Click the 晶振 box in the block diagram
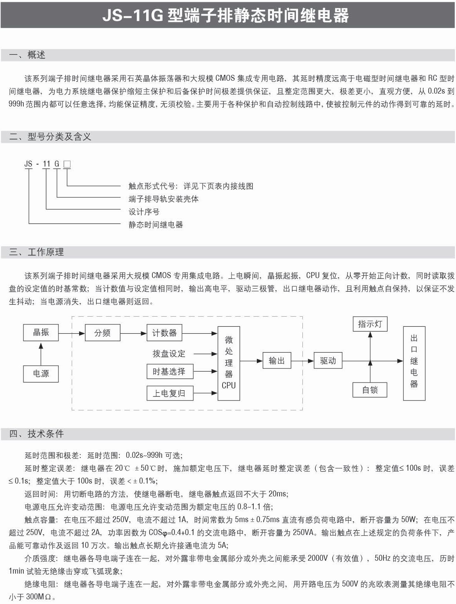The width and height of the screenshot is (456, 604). coord(41,333)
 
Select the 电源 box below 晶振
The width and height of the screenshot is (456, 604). coord(41,374)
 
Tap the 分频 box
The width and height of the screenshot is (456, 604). coord(103,333)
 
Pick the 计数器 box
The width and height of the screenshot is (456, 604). coord(164,333)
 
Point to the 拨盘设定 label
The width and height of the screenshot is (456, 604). coord(169,354)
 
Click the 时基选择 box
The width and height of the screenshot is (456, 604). coord(169,371)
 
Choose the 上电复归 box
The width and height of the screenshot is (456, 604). coord(169,393)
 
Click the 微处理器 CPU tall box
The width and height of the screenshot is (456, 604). coord(229,363)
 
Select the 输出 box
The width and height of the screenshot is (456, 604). coord(277,361)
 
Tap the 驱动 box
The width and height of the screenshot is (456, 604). coord(328,361)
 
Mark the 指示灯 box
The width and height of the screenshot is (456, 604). coord(370,324)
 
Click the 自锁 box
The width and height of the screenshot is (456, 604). coord(370,390)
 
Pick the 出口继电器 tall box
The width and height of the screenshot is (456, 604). coord(414,363)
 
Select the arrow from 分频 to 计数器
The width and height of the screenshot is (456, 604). coord(133,333)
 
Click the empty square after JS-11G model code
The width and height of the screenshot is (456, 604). coord(67,164)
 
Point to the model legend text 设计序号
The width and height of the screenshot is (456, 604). coord(144,212)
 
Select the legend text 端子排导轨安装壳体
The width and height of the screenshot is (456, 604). coord(163,199)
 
